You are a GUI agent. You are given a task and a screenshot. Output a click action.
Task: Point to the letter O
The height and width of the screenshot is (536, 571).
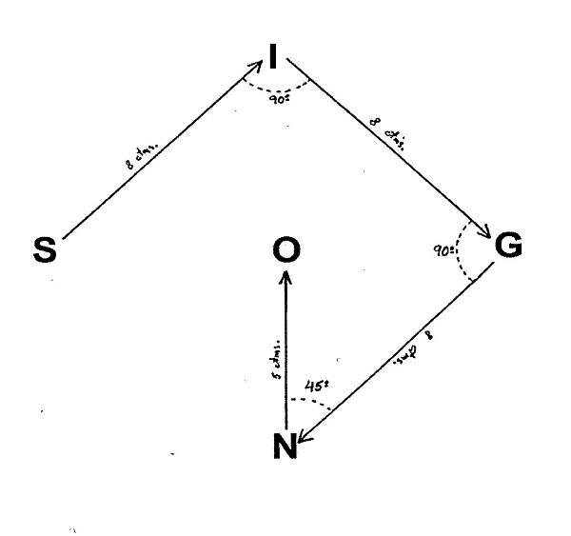pyautogui.click(x=285, y=250)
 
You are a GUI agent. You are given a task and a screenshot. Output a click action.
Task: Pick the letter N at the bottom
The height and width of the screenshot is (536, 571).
pyautogui.click(x=285, y=447)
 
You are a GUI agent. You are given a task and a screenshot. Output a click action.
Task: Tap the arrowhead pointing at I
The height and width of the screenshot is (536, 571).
pyautogui.click(x=258, y=68)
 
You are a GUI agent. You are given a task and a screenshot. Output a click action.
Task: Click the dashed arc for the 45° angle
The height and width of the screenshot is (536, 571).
pyautogui.click(x=314, y=401)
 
